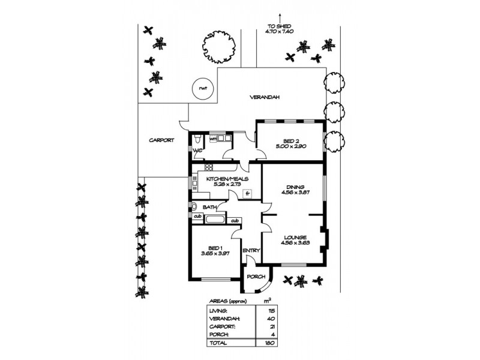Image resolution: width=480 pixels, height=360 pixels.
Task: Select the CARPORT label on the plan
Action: click(161, 140)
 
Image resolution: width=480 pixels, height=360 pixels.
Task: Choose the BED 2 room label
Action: click(291, 141)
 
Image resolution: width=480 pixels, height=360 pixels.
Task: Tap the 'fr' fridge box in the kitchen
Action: click(247, 193)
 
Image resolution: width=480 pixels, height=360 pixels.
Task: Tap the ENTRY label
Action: click(250, 251)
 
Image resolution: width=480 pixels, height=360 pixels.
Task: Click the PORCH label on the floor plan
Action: click(255, 277)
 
